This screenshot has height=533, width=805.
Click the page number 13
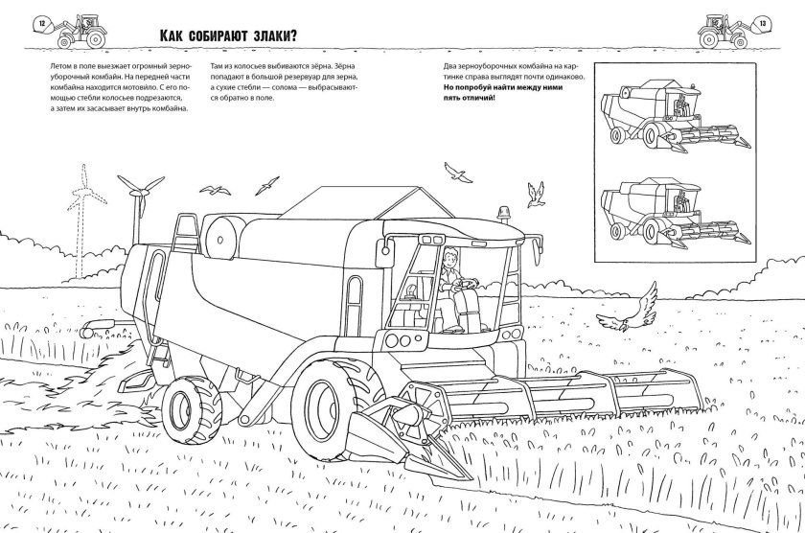tap(763, 24)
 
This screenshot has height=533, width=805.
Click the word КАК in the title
tap(171, 35)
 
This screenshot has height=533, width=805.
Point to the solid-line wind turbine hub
tap(137, 193)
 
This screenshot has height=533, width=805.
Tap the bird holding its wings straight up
tap(535, 195)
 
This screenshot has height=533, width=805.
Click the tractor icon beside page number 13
tap(724, 32)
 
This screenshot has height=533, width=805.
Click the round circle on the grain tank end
tap(220, 240)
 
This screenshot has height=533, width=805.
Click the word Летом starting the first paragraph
tap(60, 66)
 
